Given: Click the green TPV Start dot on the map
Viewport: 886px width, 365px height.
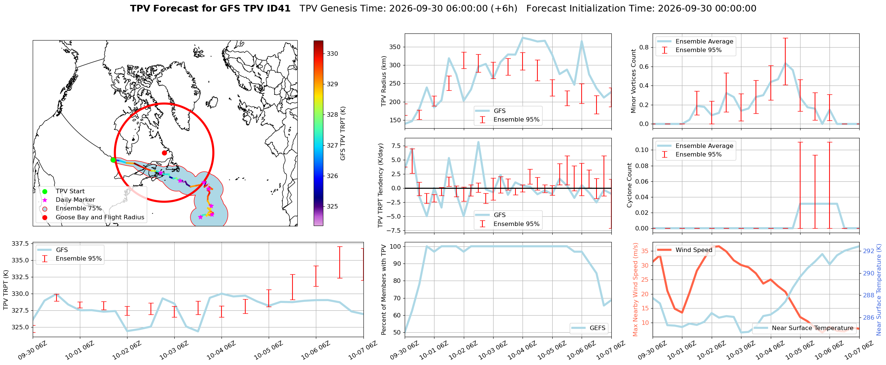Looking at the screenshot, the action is pos(113,160).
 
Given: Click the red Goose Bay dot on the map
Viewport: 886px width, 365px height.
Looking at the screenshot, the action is pos(164,153).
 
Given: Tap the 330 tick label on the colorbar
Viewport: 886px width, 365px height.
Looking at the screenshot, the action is pos(333,54).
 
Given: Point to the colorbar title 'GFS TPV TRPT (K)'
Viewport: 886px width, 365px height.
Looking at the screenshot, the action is pos(343,133).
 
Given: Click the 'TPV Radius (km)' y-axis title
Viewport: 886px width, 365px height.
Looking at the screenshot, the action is pos(384,81).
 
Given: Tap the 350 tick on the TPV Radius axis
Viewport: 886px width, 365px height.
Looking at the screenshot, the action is pos(395,47).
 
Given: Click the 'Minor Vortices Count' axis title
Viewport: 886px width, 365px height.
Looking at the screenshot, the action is pos(633,81).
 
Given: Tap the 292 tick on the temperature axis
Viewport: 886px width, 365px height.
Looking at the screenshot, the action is pos(869,251).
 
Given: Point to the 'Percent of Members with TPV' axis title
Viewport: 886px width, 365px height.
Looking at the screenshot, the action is pos(384,290).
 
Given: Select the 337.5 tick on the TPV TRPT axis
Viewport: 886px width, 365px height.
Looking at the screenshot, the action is pos(21,244).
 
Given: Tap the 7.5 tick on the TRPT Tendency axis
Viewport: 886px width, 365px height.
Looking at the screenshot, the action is pos(396,146).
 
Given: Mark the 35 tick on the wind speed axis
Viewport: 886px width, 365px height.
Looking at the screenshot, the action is pos(645,251).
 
